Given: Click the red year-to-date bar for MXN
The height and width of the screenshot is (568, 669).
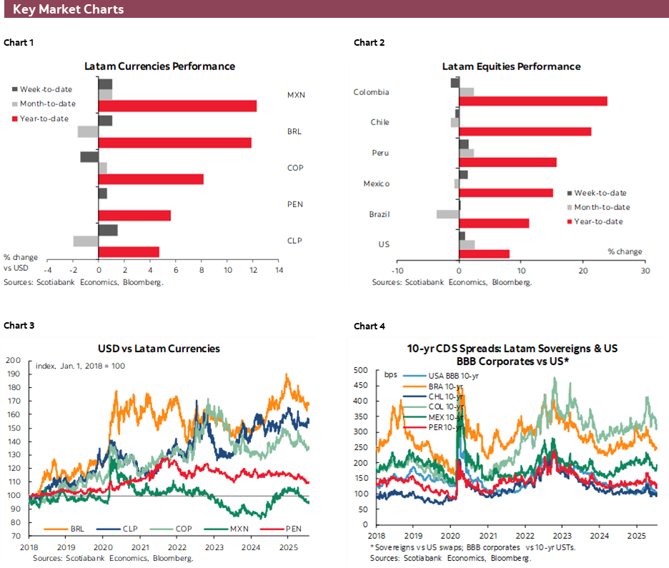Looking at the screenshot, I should coord(177,106).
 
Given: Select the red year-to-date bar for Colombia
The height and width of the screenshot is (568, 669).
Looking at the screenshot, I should coord(533,101).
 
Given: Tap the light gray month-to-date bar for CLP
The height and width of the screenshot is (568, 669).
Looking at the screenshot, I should coord(86,241).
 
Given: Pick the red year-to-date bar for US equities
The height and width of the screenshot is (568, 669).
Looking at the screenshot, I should coord(485,254).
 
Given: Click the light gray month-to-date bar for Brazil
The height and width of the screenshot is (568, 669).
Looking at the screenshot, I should coord(447,214).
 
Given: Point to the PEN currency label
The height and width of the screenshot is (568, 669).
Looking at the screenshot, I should coord(295,204).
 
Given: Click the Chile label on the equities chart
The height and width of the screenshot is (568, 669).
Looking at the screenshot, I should coord(380,122).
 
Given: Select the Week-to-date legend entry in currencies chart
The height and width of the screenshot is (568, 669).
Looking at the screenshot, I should coord(44,89).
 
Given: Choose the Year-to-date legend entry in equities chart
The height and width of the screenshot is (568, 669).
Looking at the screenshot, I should coord(598,221).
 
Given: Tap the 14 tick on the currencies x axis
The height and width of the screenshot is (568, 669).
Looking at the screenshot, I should coord(279,271).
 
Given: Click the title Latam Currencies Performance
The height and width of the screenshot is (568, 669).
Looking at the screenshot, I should coord(159,66).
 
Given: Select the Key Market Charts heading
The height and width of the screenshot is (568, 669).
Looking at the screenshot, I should coord(68,9).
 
